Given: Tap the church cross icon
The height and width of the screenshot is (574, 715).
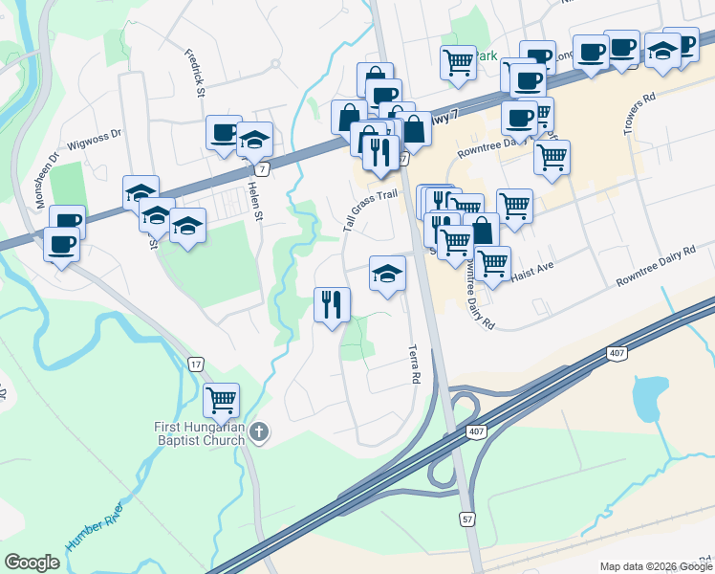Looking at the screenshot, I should (x=258, y=434).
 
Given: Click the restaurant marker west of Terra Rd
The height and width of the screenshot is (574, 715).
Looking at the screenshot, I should (x=332, y=304).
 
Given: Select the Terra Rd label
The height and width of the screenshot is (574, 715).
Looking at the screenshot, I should (x=414, y=364).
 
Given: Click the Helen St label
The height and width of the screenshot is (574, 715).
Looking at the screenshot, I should (x=256, y=203).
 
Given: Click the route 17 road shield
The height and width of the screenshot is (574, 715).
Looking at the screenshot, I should (x=195, y=364).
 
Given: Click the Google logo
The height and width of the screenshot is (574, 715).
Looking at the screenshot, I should (x=32, y=563).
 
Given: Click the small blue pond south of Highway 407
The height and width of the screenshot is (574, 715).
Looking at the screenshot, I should (x=650, y=393).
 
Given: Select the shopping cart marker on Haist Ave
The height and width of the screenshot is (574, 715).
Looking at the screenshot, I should (x=492, y=261).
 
